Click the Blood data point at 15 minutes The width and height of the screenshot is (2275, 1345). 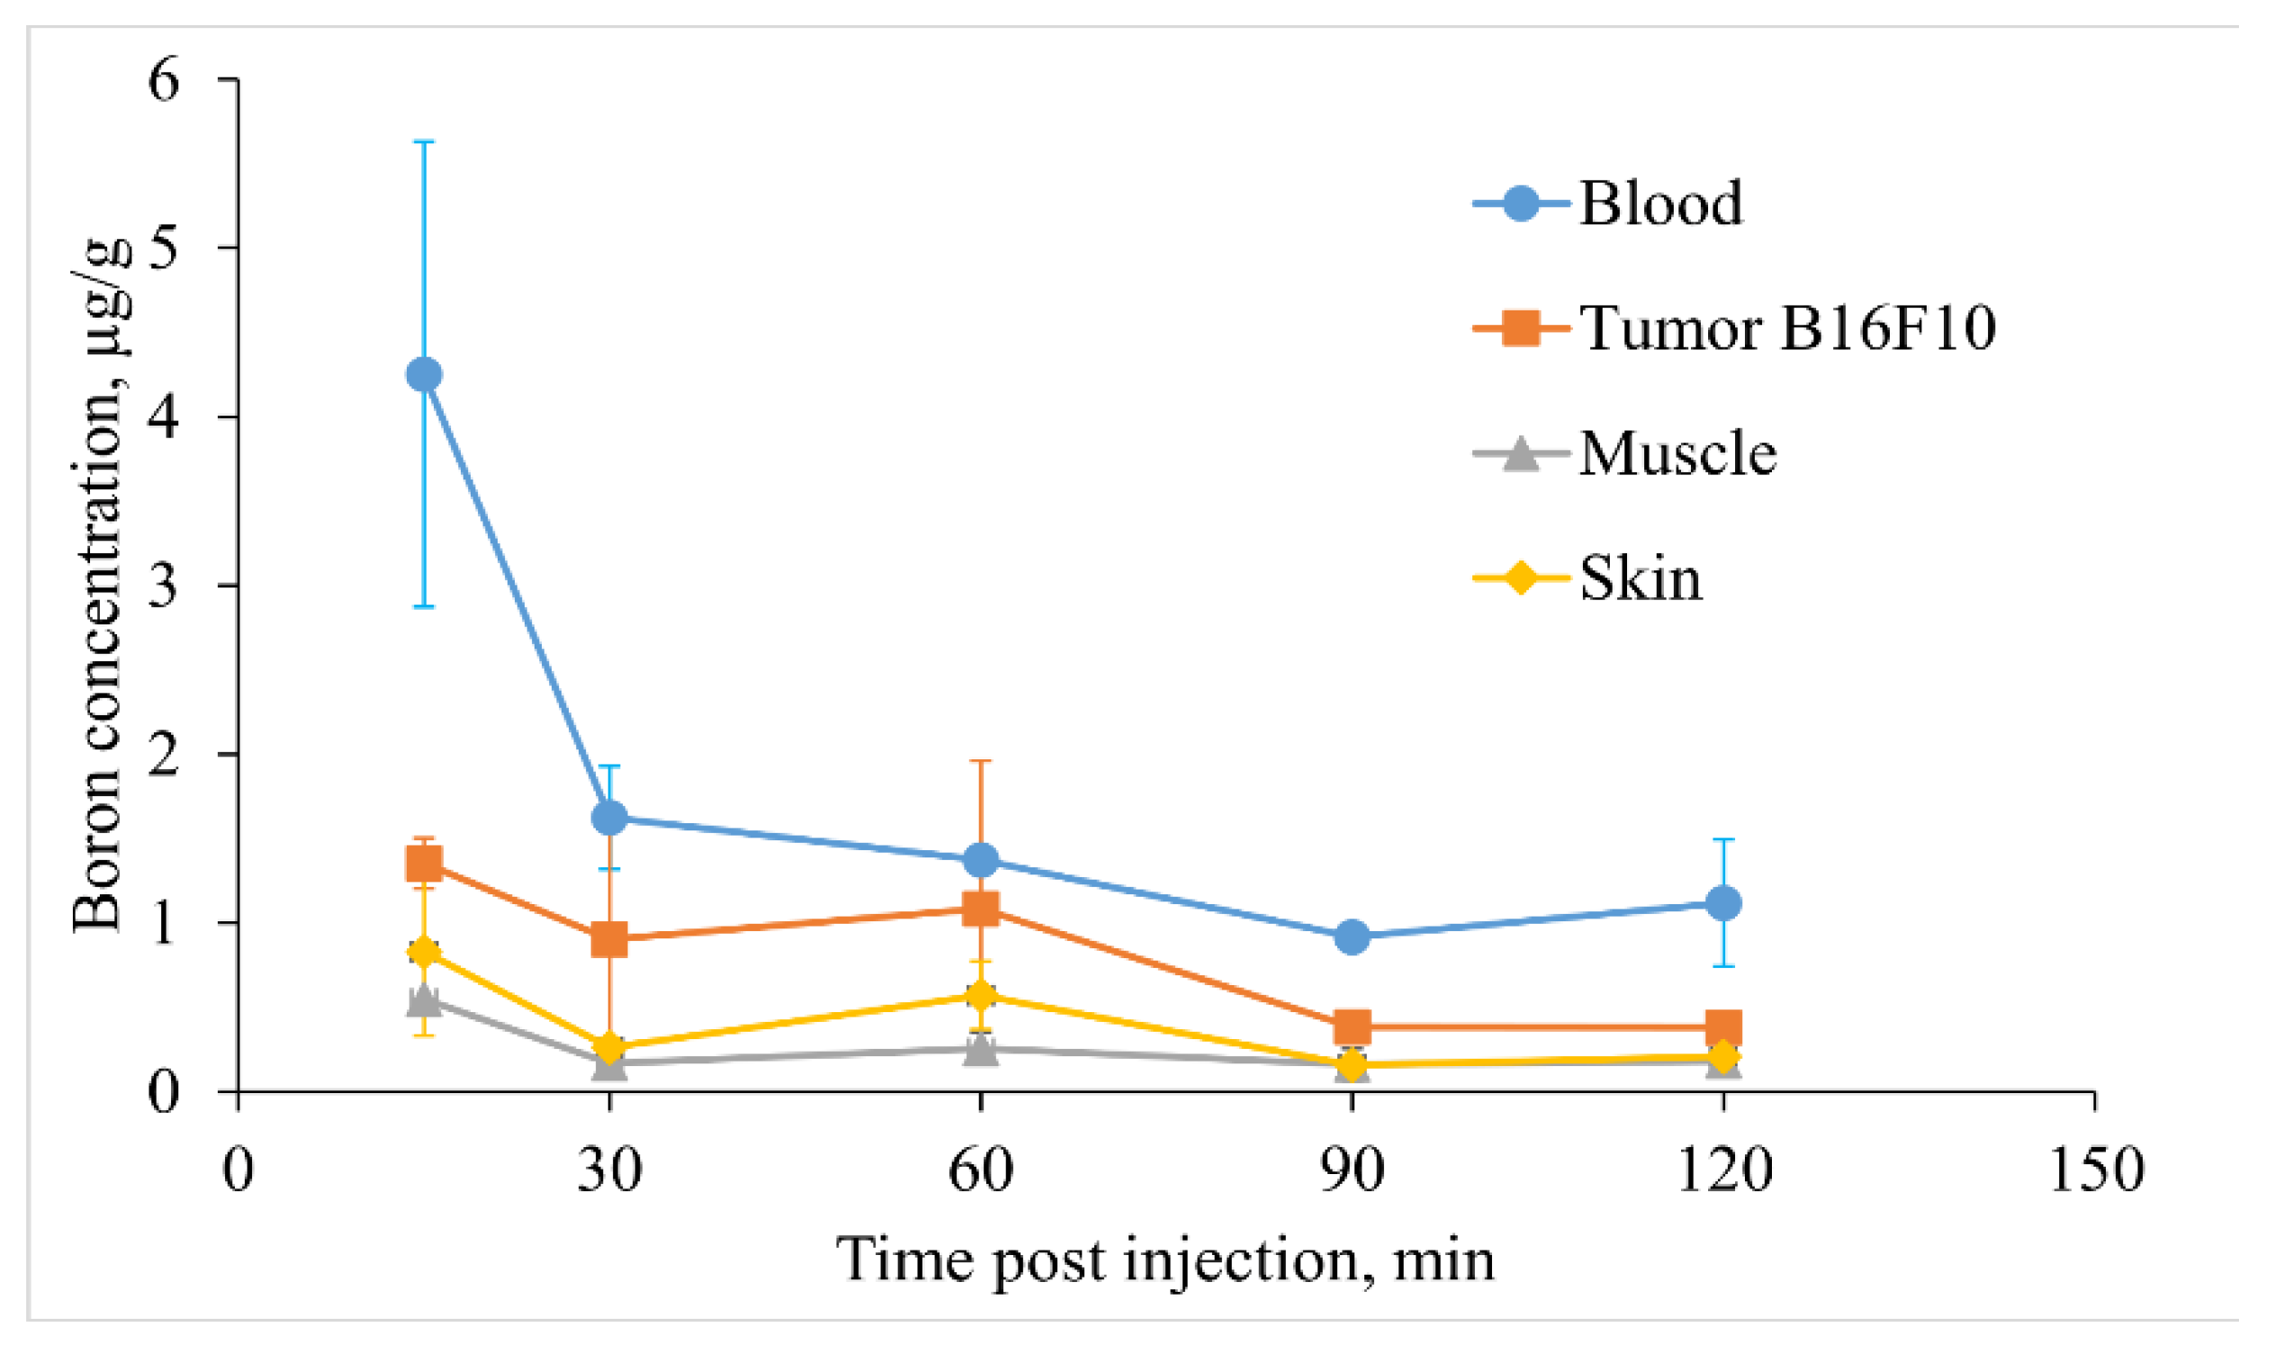[424, 374]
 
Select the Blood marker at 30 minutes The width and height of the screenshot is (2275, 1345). [610, 818]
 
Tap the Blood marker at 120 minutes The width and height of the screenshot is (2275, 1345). [1723, 902]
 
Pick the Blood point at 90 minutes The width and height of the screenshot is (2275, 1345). [1353, 937]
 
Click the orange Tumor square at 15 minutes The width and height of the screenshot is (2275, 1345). [424, 864]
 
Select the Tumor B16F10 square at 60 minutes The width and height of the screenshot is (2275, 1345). [981, 908]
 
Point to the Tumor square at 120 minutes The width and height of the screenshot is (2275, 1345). [1723, 1027]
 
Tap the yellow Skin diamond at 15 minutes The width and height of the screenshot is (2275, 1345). [424, 952]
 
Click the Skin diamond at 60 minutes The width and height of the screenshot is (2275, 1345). [981, 995]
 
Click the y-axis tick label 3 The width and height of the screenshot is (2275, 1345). [164, 586]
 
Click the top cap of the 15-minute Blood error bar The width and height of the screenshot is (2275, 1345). [424, 141]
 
